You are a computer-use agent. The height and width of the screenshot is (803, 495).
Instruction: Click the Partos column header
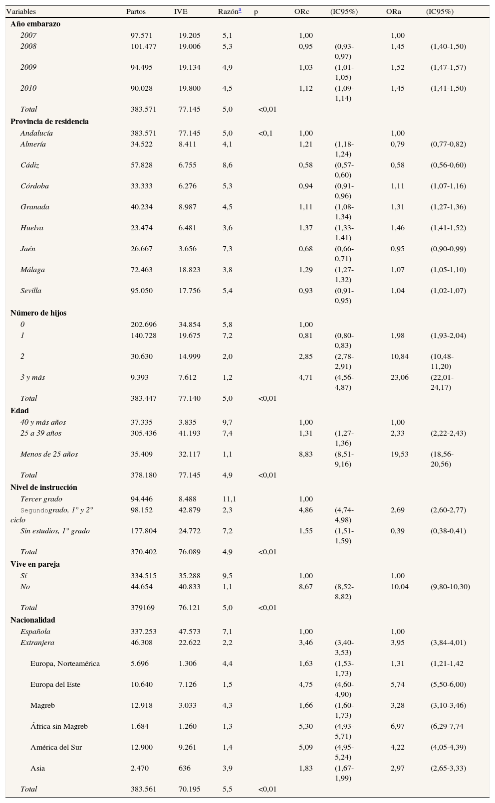[136, 11]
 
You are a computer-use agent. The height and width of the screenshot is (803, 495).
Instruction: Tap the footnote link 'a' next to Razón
[240, 10]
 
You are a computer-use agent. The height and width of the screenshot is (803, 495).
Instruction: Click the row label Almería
[33, 144]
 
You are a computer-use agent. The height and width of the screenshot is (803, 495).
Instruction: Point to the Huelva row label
[32, 228]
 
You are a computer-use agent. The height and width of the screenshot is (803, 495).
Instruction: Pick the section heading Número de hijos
[38, 313]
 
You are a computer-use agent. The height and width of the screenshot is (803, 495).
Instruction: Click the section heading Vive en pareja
[35, 564]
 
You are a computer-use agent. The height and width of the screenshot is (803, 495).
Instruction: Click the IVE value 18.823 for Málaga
[190, 270]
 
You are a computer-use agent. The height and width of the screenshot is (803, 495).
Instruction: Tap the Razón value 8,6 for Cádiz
[227, 165]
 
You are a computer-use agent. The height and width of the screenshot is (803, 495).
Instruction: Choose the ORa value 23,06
[399, 377]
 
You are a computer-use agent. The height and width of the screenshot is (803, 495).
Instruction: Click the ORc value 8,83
[305, 454]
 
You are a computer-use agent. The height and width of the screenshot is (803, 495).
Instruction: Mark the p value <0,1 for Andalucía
[265, 133]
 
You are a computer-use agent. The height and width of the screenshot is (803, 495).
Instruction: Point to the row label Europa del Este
[55, 684]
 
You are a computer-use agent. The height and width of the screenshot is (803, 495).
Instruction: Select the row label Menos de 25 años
[49, 454]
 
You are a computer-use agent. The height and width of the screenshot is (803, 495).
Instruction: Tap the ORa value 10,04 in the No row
[399, 587]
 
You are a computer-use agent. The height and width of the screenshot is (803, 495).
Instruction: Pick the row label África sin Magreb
[59, 726]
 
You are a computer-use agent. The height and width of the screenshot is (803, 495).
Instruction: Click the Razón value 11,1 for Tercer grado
[229, 499]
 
